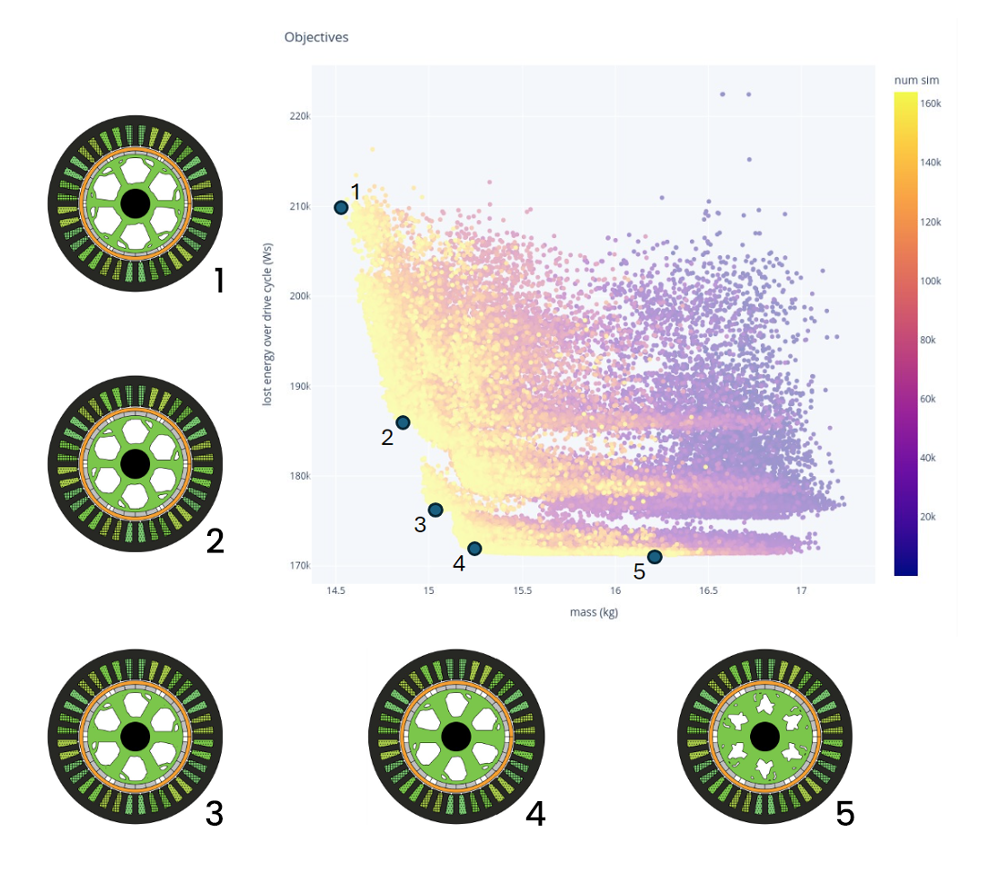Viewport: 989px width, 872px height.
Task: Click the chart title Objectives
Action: pos(316,37)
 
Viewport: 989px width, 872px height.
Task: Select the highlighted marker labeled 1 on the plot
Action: pos(341,207)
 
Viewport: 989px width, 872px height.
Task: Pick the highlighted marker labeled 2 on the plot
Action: pos(403,422)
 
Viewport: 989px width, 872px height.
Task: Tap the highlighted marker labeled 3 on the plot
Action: pos(435,510)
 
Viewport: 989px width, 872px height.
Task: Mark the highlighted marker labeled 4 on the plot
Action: pos(475,548)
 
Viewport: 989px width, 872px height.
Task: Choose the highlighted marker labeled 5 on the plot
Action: pos(654,556)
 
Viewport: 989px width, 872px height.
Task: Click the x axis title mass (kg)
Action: pos(595,611)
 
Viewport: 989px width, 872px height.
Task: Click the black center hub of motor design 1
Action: pos(134,203)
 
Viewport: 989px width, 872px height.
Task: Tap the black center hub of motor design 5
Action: pos(764,736)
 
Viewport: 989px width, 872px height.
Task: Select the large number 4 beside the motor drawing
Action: pos(535,812)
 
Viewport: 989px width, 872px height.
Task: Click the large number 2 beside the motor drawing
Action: pos(215,540)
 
